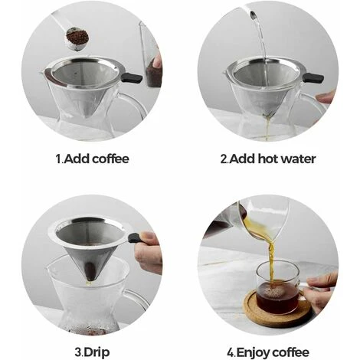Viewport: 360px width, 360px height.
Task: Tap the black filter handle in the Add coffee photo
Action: [x=131, y=77]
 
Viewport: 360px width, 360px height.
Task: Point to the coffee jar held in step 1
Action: [x=153, y=69]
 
